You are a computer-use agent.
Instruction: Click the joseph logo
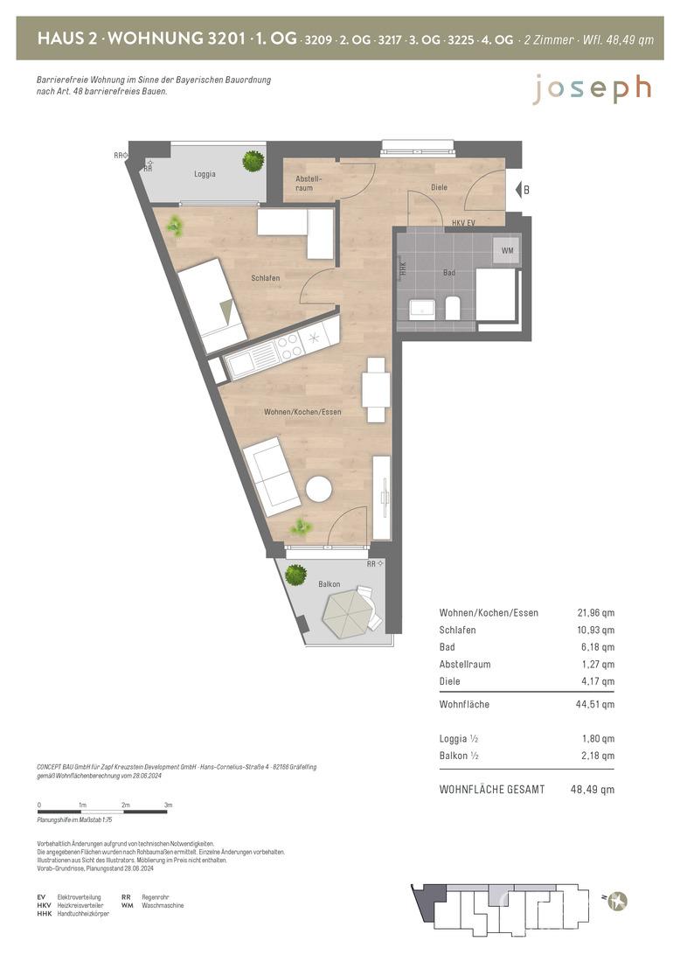[x=592, y=89]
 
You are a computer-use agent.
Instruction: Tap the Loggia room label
[x=205, y=174]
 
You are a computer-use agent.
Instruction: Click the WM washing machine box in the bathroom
[x=507, y=250]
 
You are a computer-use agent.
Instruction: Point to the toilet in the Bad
[x=453, y=308]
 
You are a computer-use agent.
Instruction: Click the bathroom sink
[x=422, y=310]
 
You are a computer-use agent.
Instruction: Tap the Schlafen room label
[x=266, y=278]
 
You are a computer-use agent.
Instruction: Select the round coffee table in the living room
[x=319, y=490]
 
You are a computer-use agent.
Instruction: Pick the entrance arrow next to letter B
[x=517, y=190]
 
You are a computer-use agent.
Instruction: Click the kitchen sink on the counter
[x=252, y=359]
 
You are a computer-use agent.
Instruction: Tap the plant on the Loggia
[x=253, y=161]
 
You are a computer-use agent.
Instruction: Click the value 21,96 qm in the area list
[x=595, y=612]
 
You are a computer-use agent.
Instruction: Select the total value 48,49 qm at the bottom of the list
[x=593, y=790]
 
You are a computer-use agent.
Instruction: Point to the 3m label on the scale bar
[x=168, y=805]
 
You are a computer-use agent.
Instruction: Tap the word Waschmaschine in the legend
[x=163, y=905]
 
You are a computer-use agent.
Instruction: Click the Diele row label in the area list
[x=449, y=681]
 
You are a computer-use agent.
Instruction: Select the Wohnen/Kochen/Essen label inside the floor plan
[x=302, y=412]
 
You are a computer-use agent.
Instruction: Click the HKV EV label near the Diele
[x=463, y=223]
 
